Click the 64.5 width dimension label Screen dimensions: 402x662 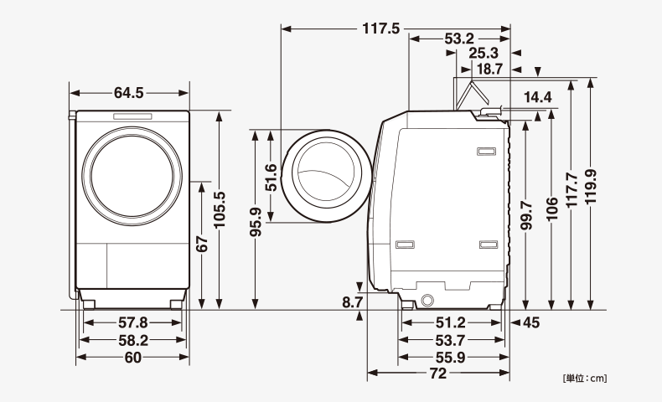point(129,92)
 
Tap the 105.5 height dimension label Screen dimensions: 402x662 point(220,209)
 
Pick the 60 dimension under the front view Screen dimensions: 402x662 point(132,358)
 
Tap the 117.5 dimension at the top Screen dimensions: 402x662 point(380,28)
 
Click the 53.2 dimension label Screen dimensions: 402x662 point(459,39)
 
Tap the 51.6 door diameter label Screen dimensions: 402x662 point(271,177)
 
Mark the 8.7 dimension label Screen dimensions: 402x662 point(353,301)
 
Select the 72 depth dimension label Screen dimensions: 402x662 point(437,374)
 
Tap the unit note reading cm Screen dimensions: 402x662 point(584,379)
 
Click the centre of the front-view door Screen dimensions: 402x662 point(133,172)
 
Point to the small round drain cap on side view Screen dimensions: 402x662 point(428,300)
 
